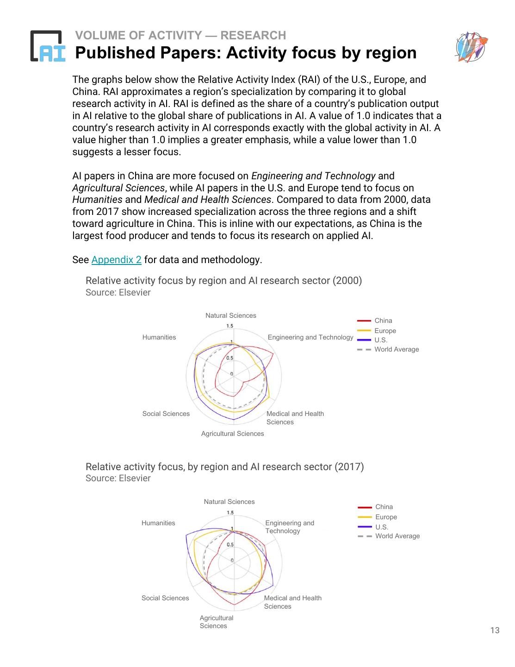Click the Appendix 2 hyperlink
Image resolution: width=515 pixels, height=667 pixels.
(x=116, y=260)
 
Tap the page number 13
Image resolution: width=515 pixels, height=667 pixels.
(x=495, y=630)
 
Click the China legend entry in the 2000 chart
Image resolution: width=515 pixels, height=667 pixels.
(x=383, y=321)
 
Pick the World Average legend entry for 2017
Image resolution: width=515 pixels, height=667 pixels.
(x=397, y=536)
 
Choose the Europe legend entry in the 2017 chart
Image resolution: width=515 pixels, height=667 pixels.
(x=386, y=517)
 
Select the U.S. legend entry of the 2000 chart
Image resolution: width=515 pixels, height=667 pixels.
(x=381, y=340)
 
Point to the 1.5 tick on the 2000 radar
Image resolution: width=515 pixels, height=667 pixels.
(x=230, y=326)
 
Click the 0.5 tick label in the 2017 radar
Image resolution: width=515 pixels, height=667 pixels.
(x=230, y=545)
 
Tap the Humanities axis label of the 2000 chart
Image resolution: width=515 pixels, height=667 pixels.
(x=159, y=337)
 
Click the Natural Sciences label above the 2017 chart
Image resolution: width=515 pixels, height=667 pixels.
(x=229, y=502)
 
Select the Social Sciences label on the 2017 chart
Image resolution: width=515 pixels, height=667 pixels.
(x=165, y=598)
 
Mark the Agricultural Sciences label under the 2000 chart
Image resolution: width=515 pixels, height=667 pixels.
(x=232, y=434)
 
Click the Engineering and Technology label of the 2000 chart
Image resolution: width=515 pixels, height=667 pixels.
(x=310, y=337)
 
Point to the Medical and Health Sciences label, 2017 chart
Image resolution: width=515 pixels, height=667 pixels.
(x=292, y=602)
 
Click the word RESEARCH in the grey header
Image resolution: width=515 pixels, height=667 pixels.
(x=253, y=35)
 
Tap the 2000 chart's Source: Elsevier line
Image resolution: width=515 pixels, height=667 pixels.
(x=118, y=293)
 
